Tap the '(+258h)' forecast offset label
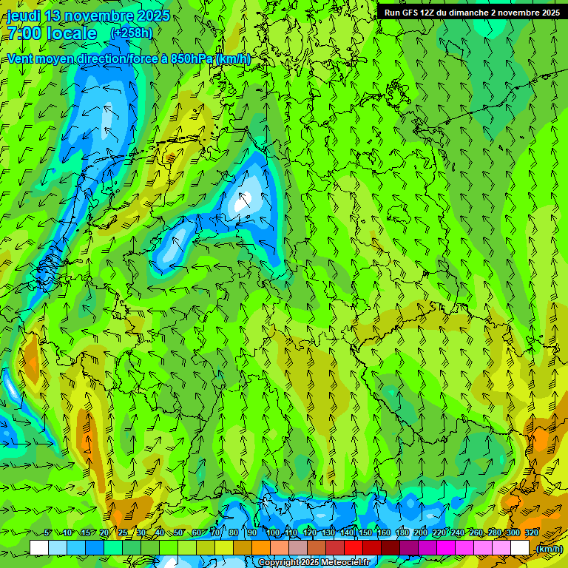pyautogui.click(x=131, y=33)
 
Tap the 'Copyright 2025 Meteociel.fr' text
pyautogui.click(x=314, y=562)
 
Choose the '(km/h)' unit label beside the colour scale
pyautogui.click(x=548, y=549)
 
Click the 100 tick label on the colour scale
pyautogui.click(x=273, y=533)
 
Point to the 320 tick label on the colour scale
pyautogui.click(x=532, y=533)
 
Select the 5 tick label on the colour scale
pyautogui.click(x=48, y=533)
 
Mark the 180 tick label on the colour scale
pyautogui.click(x=402, y=533)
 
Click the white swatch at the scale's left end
pyautogui.click(x=39, y=548)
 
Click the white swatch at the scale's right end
pyautogui.click(x=520, y=548)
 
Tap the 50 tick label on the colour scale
pyautogui.click(x=178, y=533)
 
